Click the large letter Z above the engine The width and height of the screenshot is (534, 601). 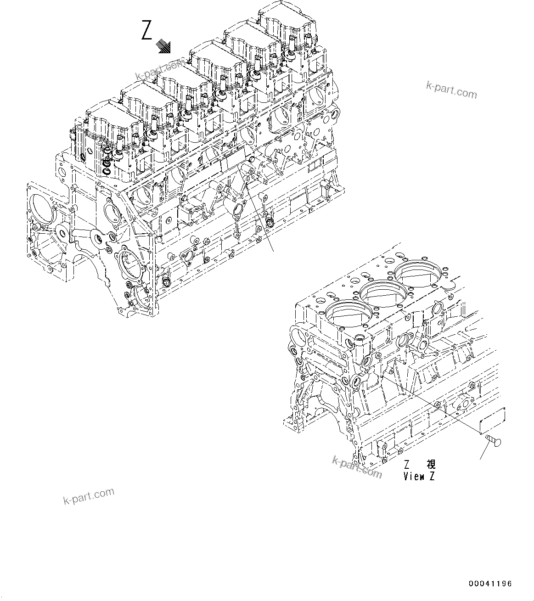[146, 31]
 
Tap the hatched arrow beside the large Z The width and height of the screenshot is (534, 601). [163, 46]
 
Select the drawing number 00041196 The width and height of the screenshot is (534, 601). [490, 584]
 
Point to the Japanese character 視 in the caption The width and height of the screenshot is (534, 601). [431, 465]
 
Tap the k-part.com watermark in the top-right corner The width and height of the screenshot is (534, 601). [451, 90]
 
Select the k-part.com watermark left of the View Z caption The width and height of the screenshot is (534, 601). [357, 466]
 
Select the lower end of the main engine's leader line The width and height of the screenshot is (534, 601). [273, 251]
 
